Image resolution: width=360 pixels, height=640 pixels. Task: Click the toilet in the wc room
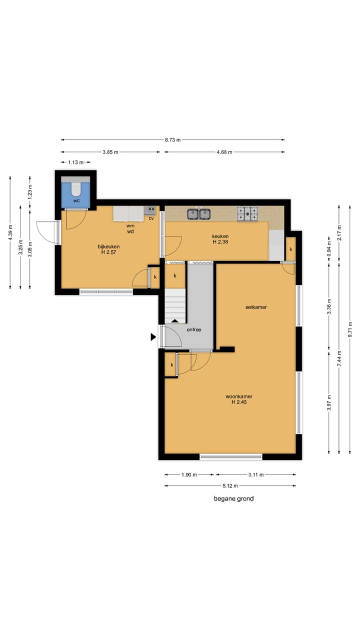76,188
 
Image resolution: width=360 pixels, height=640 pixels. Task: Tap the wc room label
76,200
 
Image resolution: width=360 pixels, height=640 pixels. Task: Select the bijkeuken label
108,246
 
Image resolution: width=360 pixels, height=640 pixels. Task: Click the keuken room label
220,236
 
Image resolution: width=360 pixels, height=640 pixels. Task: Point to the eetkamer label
256,307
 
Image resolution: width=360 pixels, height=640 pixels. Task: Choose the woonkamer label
239,396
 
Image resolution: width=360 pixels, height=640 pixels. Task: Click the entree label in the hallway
194,329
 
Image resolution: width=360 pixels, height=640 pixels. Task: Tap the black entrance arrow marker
153,337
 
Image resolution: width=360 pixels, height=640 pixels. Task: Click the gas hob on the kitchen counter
247,214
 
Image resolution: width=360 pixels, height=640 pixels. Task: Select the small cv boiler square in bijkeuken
150,210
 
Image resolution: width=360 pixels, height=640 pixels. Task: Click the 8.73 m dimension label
172,140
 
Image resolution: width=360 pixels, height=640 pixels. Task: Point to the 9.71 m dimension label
350,329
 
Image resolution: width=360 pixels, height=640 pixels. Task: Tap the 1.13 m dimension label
75,162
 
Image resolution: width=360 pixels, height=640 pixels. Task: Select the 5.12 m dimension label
230,485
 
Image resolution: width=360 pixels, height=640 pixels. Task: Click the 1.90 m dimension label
189,475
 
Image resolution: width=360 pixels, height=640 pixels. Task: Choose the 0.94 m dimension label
329,249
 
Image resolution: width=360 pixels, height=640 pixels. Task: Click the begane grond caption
233,498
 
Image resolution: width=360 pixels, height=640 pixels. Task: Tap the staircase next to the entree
175,306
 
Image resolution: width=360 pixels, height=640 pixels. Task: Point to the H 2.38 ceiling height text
220,241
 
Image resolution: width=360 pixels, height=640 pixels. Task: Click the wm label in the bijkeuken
130,225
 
